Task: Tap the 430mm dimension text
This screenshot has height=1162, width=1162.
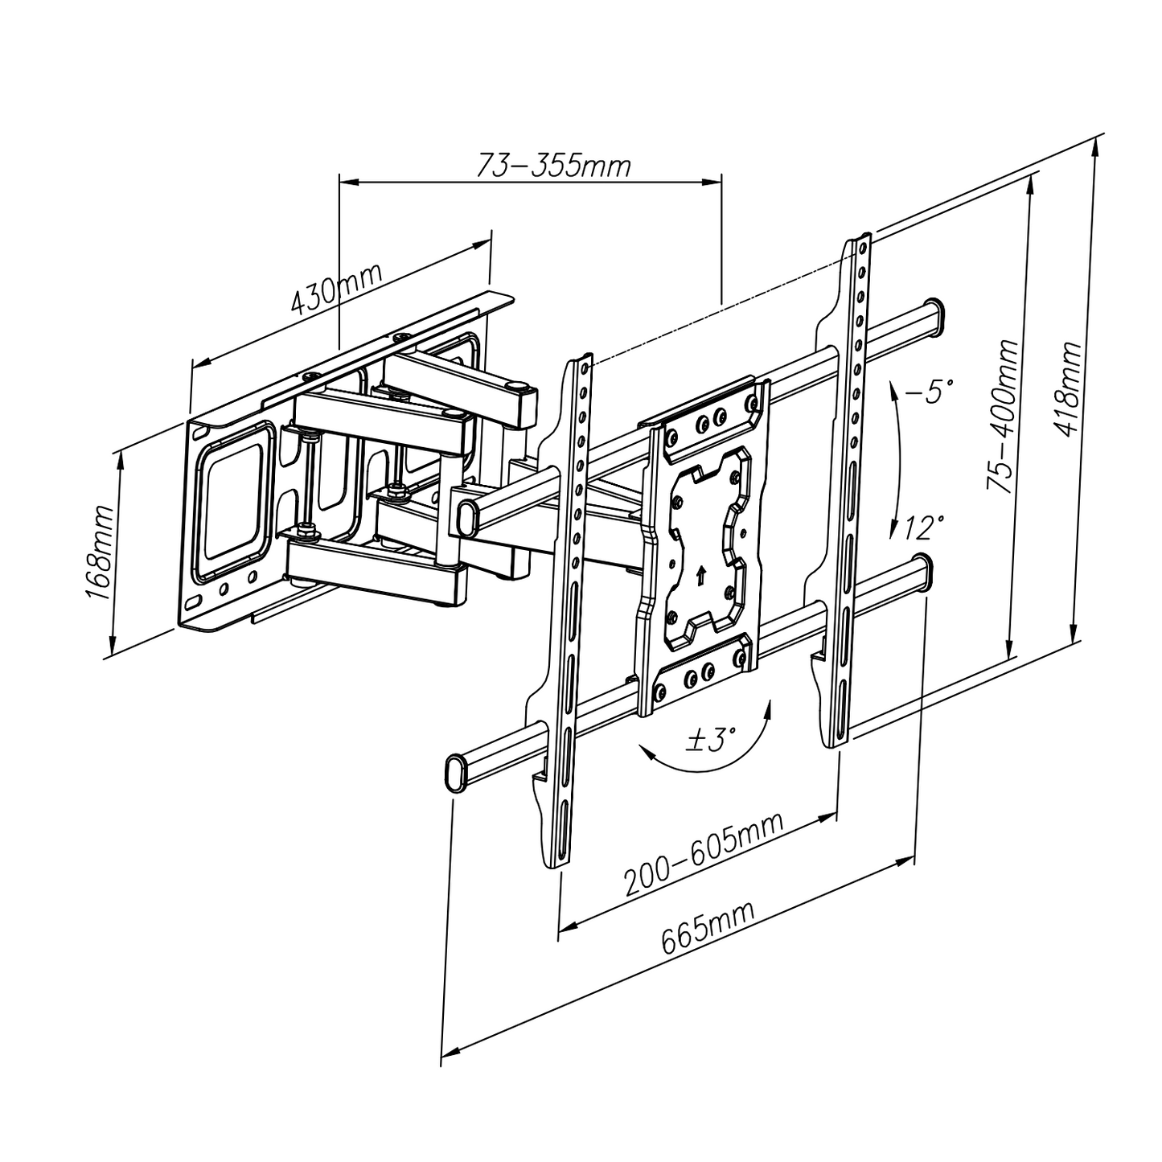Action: [336, 288]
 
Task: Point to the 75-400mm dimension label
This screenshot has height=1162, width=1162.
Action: [1002, 416]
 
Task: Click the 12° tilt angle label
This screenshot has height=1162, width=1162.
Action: [923, 528]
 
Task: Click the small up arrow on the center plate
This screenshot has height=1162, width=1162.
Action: [700, 575]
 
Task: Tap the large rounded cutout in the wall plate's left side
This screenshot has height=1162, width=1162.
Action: [232, 503]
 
